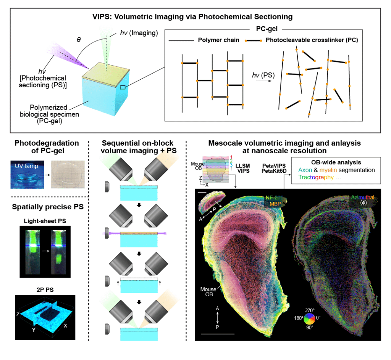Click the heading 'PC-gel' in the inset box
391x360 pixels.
click(262, 29)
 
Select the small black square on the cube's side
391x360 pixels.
click(122, 87)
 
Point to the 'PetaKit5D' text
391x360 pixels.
click(274, 171)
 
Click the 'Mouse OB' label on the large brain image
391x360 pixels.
click(209, 291)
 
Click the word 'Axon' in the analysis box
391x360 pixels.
click(305, 170)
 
